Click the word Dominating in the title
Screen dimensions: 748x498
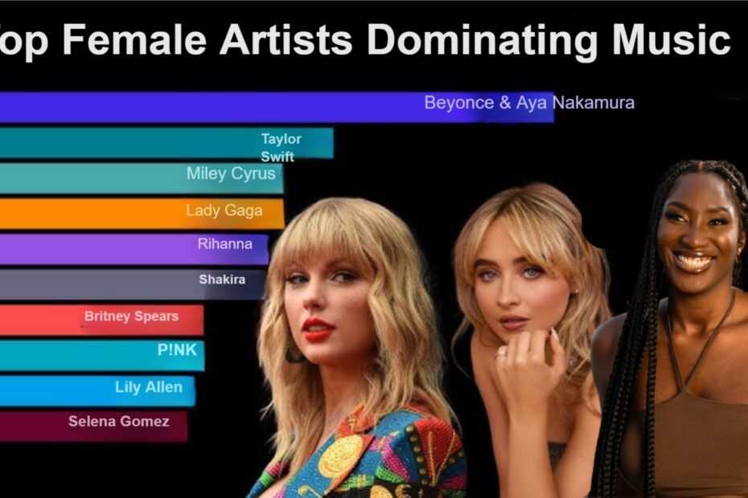482,39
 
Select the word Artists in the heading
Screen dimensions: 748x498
286,39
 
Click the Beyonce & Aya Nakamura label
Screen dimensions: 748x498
529,103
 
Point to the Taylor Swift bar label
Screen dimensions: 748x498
281,147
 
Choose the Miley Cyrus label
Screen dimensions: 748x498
231,173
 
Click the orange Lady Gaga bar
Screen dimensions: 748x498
142,214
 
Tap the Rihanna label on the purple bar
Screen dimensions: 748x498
224,244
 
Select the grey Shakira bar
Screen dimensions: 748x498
133,284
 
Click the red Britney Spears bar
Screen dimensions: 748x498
101,320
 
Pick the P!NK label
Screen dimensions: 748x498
177,349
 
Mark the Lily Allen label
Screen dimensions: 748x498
148,387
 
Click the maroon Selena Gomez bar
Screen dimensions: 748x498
93,425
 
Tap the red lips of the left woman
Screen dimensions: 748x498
318,329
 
